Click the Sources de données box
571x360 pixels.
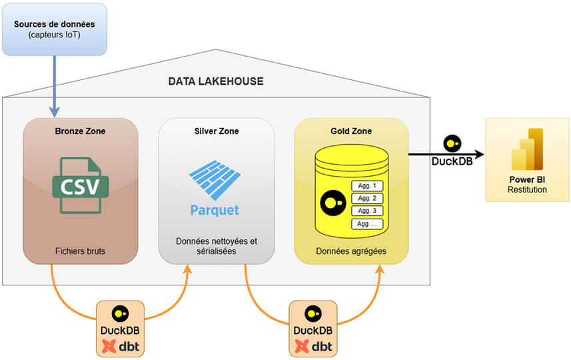coord(54,29)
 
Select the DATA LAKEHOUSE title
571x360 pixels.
coord(215,81)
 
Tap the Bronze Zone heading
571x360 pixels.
coord(80,131)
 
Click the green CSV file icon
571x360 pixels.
coord(80,185)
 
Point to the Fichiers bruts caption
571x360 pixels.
coord(80,251)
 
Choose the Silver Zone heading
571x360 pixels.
coord(216,131)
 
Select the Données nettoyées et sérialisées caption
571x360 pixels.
coord(216,246)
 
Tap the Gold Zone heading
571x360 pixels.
coord(351,131)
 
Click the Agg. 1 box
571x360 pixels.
coord(367,186)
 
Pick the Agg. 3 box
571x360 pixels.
coord(367,211)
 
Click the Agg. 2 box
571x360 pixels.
coord(367,199)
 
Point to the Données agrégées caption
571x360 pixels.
coord(351,251)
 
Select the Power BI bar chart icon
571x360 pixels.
coord(527,149)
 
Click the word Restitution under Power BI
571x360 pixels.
coord(526,189)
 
